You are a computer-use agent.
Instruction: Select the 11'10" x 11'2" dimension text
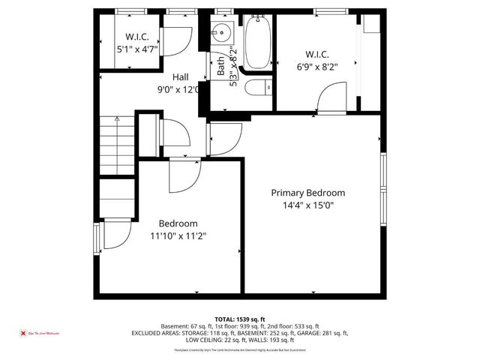[178, 235]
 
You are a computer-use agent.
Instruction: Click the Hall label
[181, 77]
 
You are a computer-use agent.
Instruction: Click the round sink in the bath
[221, 34]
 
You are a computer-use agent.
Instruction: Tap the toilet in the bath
[257, 89]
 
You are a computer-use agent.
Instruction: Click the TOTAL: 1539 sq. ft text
[240, 319]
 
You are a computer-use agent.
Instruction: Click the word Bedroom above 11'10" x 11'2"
[178, 223]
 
